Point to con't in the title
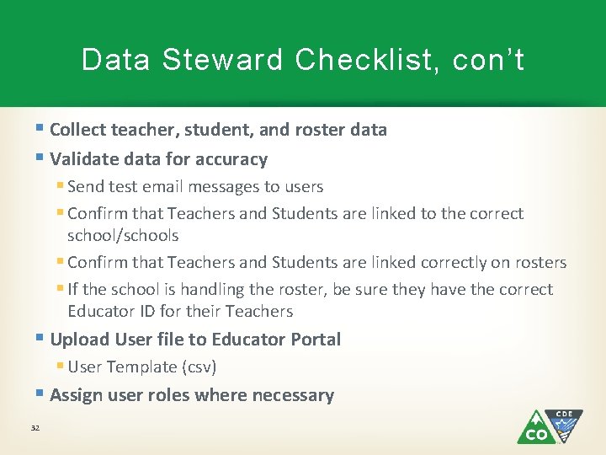488,60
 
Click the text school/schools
123,236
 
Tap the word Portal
312,340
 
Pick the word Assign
76,395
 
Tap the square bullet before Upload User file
42,339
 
